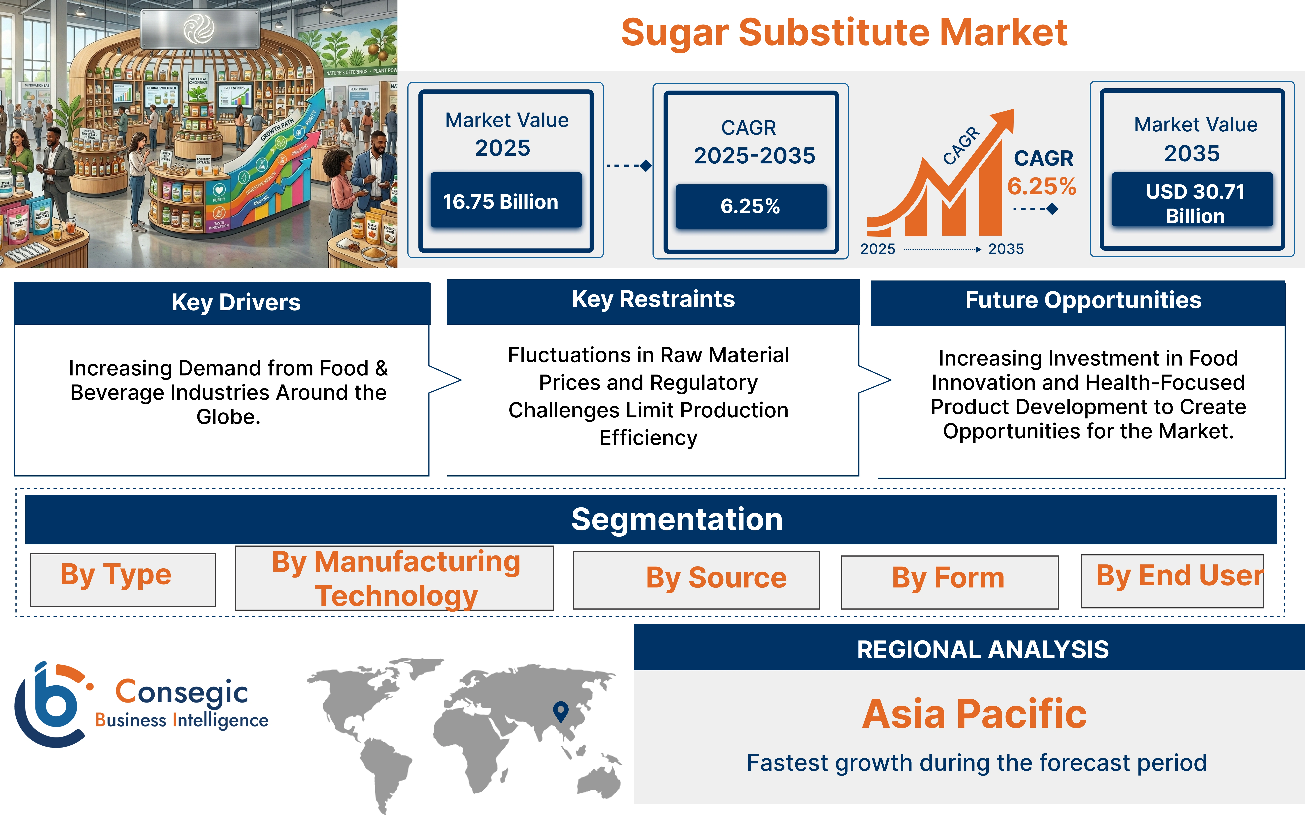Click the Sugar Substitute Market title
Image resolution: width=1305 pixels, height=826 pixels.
tap(844, 33)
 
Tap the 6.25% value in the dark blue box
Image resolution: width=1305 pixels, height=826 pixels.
tap(751, 206)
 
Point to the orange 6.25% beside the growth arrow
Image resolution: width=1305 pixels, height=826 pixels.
tap(1041, 186)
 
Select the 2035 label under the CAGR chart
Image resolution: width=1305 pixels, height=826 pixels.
tap(1006, 249)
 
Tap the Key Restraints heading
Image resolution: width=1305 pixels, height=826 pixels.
tap(653, 299)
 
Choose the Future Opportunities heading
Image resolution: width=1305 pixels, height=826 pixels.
tap(1083, 300)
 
